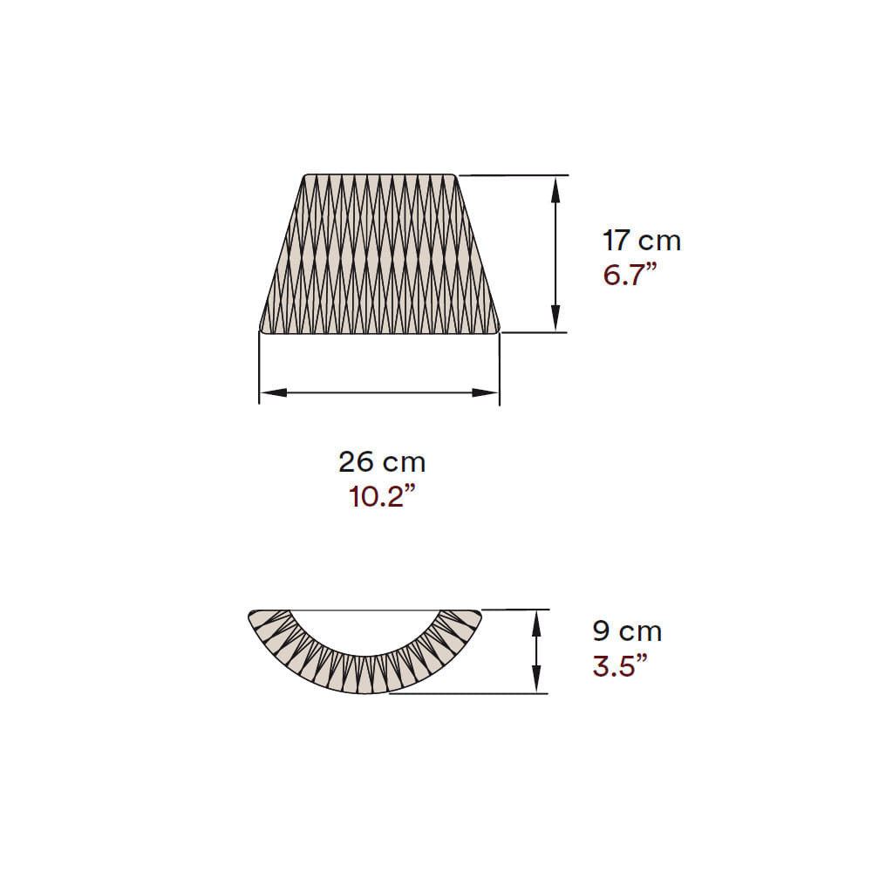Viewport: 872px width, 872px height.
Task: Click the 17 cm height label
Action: (x=642, y=241)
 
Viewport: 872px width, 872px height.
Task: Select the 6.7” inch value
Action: (x=630, y=275)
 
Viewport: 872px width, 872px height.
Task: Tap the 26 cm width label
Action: (x=382, y=462)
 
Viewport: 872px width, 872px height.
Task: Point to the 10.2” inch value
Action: (x=382, y=496)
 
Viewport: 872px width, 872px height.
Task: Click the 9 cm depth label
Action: (x=627, y=631)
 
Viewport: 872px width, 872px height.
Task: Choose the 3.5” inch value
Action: (x=620, y=665)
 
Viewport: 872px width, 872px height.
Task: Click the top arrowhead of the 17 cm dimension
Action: (x=555, y=189)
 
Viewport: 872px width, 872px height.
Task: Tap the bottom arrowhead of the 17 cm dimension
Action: (x=555, y=318)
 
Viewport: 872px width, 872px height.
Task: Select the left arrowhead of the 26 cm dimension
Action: (x=274, y=392)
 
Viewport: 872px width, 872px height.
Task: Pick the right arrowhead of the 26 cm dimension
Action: (x=485, y=392)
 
